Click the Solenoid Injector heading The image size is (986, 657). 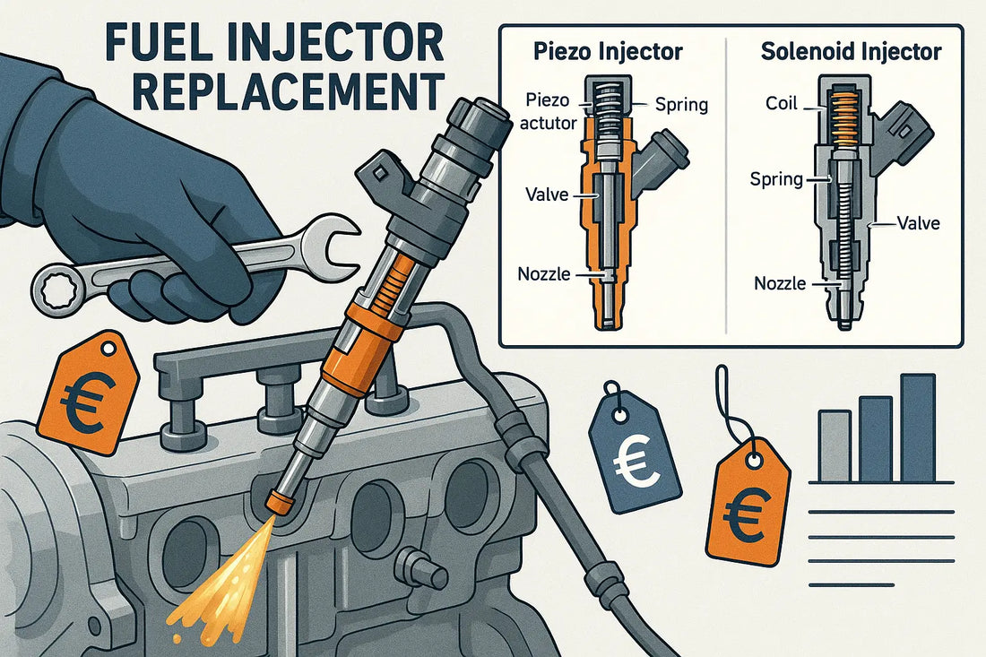pos(851,52)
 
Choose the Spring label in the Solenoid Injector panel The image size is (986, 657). pos(775,179)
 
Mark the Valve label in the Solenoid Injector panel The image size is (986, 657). pos(916,223)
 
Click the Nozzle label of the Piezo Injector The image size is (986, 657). pos(544,272)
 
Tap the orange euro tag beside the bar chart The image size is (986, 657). pos(751,506)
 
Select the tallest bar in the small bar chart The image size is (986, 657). pos(917,428)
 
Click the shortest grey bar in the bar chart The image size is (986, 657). pos(834,445)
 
